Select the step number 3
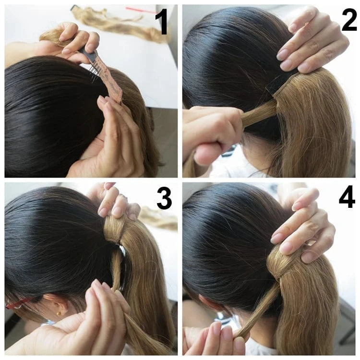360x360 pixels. [164, 198]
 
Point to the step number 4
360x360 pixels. [347, 197]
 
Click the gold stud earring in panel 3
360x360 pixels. [59, 313]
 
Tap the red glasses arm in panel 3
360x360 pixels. [20, 302]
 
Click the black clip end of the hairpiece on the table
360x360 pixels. [74, 8]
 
